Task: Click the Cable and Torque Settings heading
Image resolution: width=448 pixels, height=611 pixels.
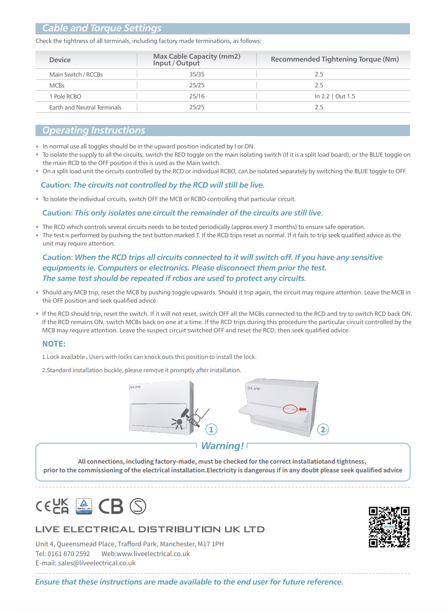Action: (102, 28)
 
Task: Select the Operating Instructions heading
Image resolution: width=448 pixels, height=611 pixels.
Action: (94, 130)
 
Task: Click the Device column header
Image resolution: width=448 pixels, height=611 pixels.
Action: (60, 60)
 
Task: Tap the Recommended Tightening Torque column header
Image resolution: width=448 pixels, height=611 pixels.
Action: (334, 60)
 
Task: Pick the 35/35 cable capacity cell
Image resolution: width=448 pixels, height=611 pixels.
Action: (197, 74)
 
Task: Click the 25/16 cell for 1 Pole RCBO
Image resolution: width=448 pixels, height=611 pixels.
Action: (197, 97)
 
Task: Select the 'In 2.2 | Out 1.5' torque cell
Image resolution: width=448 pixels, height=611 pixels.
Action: (334, 97)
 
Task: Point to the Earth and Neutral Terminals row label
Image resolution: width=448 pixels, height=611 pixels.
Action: (85, 107)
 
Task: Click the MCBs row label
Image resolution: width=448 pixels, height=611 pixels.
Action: (57, 86)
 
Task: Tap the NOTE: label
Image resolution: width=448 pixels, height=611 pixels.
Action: (53, 344)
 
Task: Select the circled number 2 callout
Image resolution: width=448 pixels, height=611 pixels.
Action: (323, 429)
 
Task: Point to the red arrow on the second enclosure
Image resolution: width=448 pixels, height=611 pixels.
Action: (303, 409)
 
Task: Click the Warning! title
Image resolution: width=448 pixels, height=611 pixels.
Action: (222, 446)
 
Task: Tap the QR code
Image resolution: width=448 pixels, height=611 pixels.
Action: (389, 527)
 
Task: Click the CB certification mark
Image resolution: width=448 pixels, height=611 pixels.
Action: (111, 506)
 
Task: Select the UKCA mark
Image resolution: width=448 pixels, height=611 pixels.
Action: (61, 506)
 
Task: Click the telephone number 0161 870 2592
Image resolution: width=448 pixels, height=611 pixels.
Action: (69, 553)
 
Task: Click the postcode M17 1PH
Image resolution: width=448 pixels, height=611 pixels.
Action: (212, 544)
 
